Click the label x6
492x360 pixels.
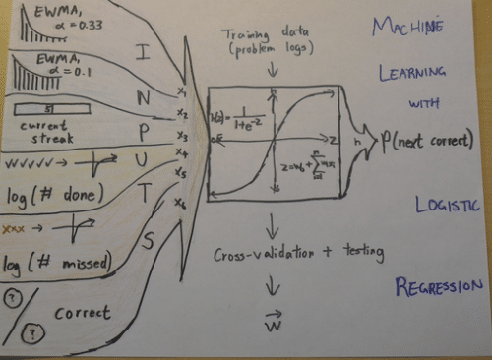[x=178, y=202]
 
